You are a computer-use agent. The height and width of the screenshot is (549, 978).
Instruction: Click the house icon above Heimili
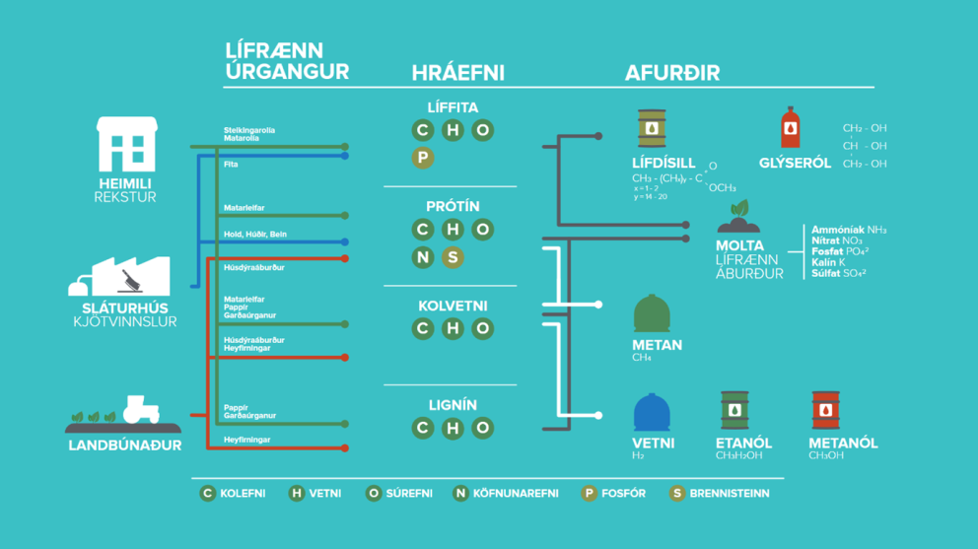click(x=126, y=144)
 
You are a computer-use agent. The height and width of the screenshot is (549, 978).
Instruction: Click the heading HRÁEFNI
click(x=457, y=73)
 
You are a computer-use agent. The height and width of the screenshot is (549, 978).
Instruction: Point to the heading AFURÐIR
click(x=671, y=73)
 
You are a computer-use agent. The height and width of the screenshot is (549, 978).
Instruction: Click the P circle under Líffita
click(x=423, y=158)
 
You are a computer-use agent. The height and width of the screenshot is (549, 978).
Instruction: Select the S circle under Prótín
click(x=453, y=257)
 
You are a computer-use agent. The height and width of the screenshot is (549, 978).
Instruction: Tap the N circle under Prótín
click(x=423, y=257)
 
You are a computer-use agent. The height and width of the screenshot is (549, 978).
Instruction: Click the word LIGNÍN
click(x=452, y=405)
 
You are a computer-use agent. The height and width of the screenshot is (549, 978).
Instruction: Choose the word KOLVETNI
click(x=452, y=306)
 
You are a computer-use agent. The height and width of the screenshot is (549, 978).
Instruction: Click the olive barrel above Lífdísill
click(x=651, y=129)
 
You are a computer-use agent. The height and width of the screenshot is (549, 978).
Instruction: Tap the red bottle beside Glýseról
click(x=790, y=128)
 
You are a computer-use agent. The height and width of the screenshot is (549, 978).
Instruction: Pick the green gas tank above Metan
click(x=652, y=313)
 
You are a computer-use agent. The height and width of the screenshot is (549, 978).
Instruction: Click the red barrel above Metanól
click(x=825, y=411)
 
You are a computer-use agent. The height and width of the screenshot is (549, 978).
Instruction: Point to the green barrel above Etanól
click(x=733, y=411)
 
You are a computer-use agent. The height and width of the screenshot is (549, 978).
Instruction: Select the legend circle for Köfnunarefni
click(x=460, y=493)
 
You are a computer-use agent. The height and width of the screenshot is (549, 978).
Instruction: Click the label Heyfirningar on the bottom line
click(x=247, y=440)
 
